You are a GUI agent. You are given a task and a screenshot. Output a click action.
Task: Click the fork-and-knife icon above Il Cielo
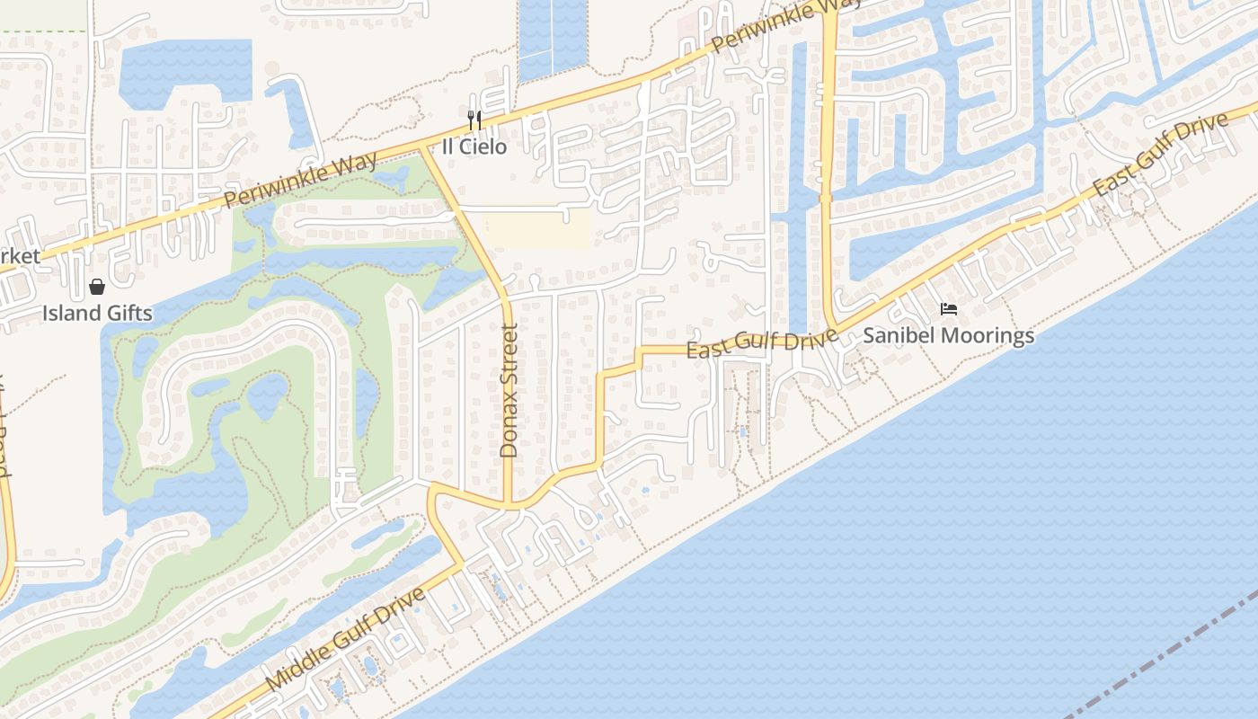474,120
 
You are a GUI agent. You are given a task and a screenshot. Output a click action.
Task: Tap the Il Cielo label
474,146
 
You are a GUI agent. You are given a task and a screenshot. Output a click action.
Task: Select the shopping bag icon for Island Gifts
97,287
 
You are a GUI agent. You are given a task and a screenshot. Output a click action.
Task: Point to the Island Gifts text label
97,314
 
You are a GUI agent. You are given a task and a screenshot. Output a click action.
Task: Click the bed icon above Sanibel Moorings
948,309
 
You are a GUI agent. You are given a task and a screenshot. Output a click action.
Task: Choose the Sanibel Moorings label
948,336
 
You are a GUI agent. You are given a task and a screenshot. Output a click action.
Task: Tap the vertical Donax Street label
509,392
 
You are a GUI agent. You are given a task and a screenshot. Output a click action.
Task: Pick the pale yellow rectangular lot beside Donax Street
537,228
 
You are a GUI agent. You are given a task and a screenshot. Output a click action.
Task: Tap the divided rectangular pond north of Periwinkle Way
553,36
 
